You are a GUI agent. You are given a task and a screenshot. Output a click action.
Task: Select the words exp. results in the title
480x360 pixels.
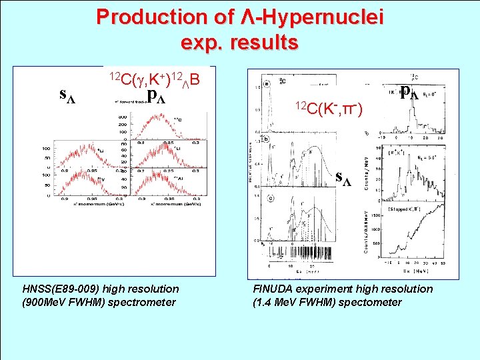[239, 42]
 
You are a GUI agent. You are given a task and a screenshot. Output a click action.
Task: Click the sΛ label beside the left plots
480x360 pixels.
[67, 95]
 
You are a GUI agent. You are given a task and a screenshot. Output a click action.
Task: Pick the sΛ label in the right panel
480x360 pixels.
[344, 178]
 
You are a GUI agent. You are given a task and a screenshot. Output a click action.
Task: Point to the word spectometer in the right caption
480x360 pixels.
[371, 302]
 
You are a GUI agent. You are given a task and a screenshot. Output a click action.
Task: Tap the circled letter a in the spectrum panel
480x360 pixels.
[267, 85]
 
